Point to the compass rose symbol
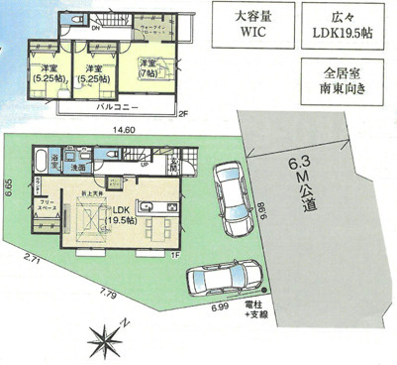(x=104, y=337)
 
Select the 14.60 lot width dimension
(x=123, y=130)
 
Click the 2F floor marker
(x=182, y=114)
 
